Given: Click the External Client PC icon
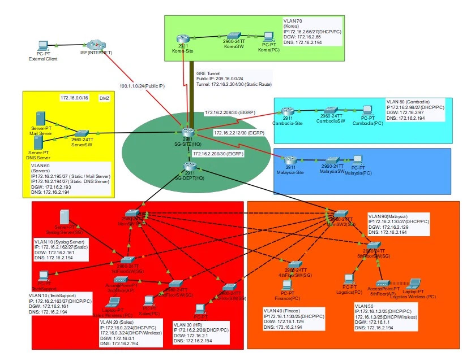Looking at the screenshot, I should point(42,46).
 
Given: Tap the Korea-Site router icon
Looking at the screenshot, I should point(182,38).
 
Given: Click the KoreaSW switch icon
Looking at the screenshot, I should point(234,36).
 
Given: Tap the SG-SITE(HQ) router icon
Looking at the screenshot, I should point(187,133).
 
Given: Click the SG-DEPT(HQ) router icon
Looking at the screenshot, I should point(189,167).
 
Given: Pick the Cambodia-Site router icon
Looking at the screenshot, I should point(288,111).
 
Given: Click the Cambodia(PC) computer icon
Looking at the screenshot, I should point(367,110).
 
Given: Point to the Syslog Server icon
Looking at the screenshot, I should point(65,217).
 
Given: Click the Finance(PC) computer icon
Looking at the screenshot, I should point(287,286).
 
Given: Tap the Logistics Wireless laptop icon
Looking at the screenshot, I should point(413,284).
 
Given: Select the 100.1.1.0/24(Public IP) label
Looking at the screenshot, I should point(142,86).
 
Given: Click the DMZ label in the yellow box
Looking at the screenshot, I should point(104,98).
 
